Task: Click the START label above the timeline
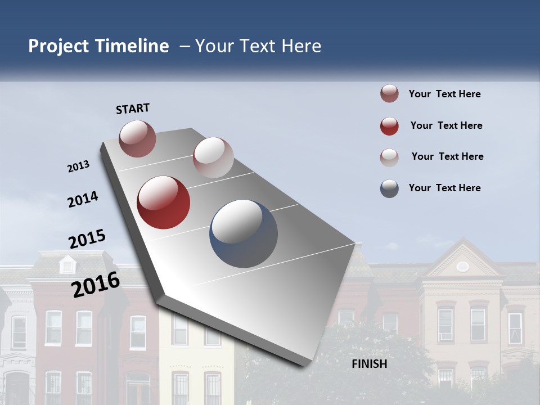tap(133, 109)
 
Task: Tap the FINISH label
tap(369, 364)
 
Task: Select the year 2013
tap(78, 166)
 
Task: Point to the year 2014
tap(83, 200)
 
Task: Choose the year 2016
tap(96, 285)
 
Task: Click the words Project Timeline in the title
tap(98, 46)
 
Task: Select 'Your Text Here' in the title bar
tap(258, 46)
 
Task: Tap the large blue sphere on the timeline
tap(244, 233)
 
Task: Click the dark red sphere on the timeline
tap(164, 202)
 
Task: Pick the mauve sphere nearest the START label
tap(138, 138)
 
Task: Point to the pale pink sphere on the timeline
tap(213, 157)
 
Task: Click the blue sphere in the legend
tap(389, 188)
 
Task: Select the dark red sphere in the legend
tap(389, 126)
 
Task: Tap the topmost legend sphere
tap(389, 94)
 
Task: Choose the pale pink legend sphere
tap(389, 157)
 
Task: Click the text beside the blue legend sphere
tap(444, 188)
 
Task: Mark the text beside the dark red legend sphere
tap(446, 125)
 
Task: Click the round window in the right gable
tap(462, 267)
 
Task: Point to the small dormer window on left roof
tap(67, 264)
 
